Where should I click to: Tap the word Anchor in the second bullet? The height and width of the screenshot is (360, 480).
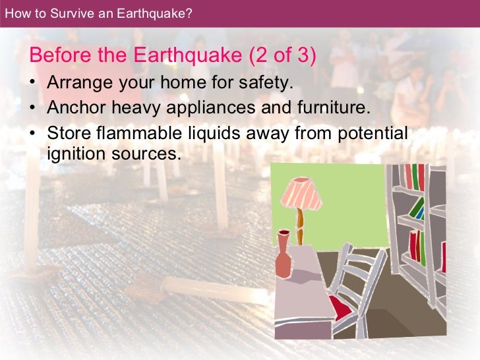pyautogui.click(x=71, y=108)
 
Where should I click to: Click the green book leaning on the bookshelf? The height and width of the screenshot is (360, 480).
pyautogui.click(x=417, y=208)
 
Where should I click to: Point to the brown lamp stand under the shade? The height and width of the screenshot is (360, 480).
pyautogui.click(x=300, y=224)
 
